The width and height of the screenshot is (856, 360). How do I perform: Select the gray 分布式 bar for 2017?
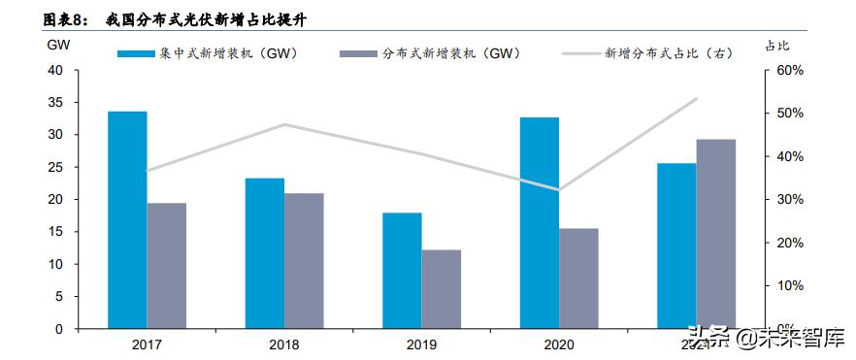167,265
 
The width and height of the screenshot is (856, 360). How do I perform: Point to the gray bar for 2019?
442,289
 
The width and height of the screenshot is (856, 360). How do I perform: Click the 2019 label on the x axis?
421,344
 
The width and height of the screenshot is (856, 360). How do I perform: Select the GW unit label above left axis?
56,45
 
